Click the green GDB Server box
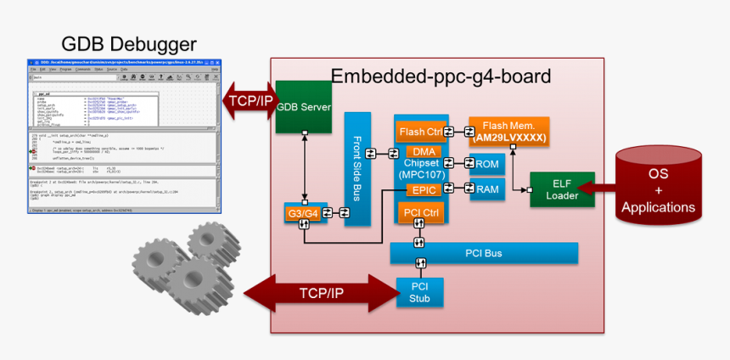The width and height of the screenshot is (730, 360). click(x=303, y=107)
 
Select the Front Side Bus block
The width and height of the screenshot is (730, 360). click(x=357, y=168)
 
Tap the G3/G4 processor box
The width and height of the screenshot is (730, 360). click(x=303, y=214)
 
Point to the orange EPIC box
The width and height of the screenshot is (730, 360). click(x=422, y=190)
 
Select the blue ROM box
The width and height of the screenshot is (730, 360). click(x=487, y=164)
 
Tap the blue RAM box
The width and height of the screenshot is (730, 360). click(x=487, y=189)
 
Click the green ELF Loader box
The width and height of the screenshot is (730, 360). click(x=561, y=189)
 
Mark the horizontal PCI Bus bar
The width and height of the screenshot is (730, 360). click(x=484, y=252)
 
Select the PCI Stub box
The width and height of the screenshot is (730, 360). click(x=420, y=292)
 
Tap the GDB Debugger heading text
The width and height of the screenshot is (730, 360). click(x=129, y=44)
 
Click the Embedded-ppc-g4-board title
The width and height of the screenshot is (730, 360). click(x=441, y=76)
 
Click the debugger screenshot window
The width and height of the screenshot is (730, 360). click(x=123, y=135)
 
